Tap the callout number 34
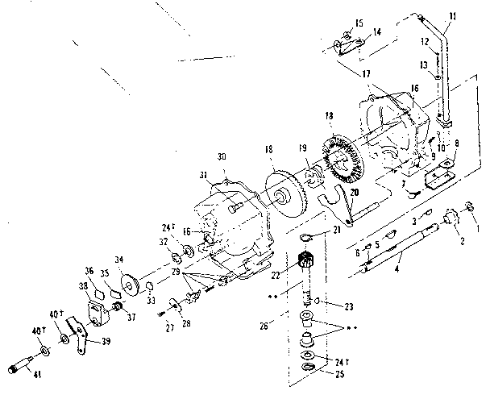(x=119, y=260)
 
